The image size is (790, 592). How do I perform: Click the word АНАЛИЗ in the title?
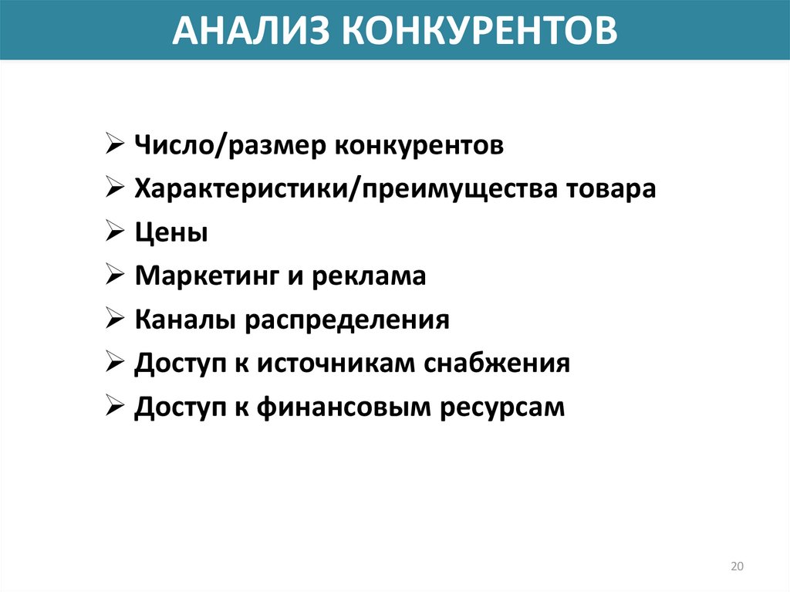click(x=251, y=30)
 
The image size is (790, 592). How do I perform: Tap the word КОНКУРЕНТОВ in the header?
click(x=479, y=30)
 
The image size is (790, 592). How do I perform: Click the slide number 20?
click(x=737, y=567)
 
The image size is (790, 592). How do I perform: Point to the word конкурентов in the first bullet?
click(x=419, y=146)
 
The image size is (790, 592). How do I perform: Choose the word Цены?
click(x=171, y=233)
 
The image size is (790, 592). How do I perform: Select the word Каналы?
click(x=185, y=320)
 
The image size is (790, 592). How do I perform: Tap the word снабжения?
click(x=496, y=364)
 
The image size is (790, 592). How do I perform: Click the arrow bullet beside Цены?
click(x=115, y=232)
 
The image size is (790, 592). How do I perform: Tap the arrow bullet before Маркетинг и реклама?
click(x=115, y=276)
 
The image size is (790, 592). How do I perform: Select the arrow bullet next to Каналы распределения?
click(x=115, y=320)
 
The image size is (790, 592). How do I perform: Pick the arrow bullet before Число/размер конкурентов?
click(x=115, y=145)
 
